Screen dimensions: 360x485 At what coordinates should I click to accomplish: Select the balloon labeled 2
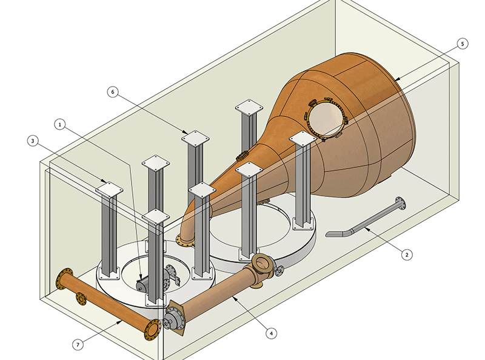point(407,255)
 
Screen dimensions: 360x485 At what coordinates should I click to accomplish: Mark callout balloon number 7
point(78,344)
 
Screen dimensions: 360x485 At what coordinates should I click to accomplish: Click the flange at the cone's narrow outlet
point(184,241)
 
